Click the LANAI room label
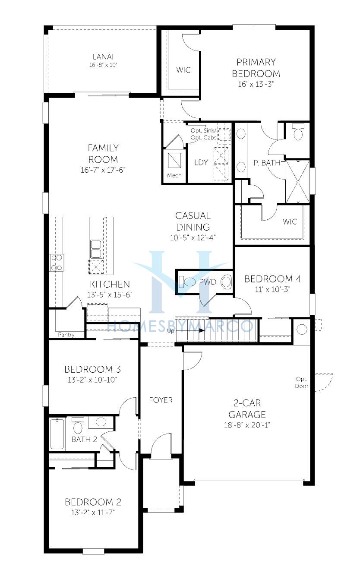pos(103,57)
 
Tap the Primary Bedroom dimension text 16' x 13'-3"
pos(256,84)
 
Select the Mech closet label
pos(174,175)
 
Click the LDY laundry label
pos(201,162)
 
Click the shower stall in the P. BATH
pos(298,181)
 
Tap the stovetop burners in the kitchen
pos(57,263)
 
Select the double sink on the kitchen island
pos(96,249)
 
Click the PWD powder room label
pos(208,282)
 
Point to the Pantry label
pos(66,335)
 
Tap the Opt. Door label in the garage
pos(301,383)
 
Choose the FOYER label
pos(161,400)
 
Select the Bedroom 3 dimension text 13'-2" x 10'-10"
pos(92,380)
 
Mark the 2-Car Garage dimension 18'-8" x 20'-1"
pos(247,425)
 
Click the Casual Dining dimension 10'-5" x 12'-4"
pos(193,238)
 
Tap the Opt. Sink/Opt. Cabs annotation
pos(203,134)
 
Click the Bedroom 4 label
pos(273,279)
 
